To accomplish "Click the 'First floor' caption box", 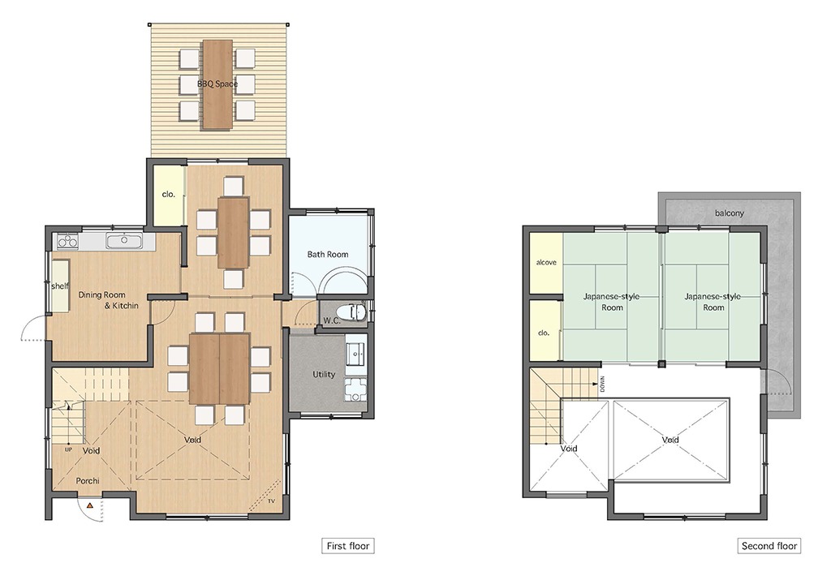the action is point(347,546).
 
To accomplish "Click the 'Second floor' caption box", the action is point(769,546).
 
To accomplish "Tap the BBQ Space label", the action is point(217,84).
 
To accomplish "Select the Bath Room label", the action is point(328,255).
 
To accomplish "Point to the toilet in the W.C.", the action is point(352,313).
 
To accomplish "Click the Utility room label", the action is point(323,374).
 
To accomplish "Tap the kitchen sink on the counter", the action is point(124,241).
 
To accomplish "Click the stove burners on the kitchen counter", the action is point(68,241).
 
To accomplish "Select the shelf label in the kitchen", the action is point(59,286).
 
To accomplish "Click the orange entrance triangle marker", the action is point(90,505).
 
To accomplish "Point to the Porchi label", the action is point(88,480).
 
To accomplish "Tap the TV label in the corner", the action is point(271,501).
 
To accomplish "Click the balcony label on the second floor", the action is point(730,213).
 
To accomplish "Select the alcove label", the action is point(546,262).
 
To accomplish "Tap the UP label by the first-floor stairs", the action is point(68,449).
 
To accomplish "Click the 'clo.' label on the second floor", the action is point(544,333).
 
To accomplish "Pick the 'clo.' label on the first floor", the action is point(169,195).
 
